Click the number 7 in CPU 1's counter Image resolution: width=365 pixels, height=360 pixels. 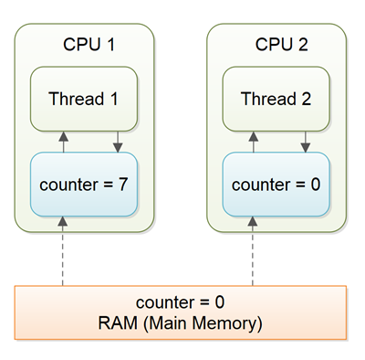click(123, 184)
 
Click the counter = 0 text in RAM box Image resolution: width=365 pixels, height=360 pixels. click(182, 302)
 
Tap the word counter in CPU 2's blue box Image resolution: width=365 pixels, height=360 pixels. click(259, 184)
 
